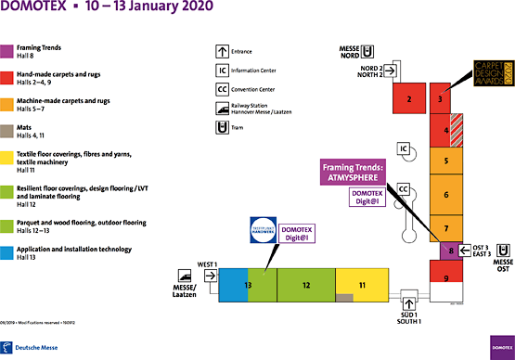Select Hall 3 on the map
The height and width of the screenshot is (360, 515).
pos(441,96)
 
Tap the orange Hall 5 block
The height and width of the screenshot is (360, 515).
pos(446,161)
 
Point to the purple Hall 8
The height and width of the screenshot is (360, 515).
pos(450,250)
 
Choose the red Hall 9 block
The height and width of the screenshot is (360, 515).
pos(446,278)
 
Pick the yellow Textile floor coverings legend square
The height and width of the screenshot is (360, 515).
pos(6,159)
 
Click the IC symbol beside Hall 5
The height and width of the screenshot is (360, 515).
pos(404,148)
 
